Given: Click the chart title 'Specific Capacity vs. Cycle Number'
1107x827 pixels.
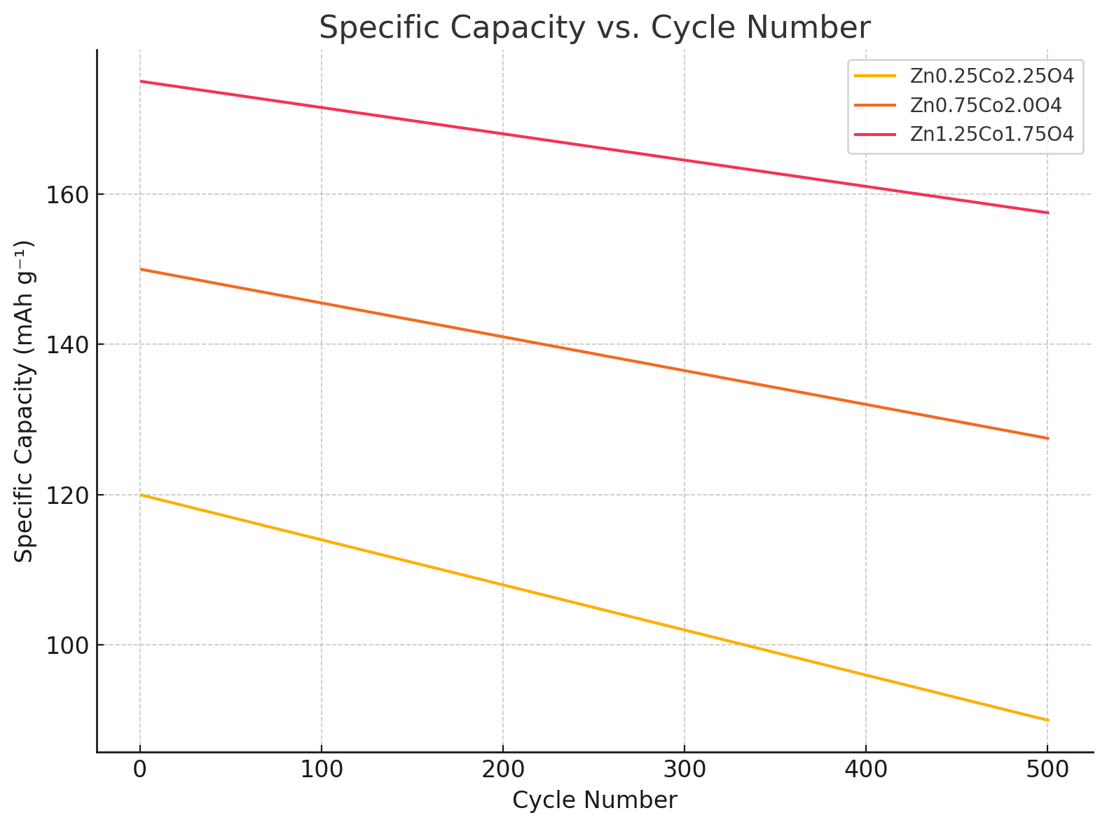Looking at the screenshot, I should click(x=595, y=28).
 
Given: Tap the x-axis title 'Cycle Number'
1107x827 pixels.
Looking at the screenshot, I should click(x=595, y=800).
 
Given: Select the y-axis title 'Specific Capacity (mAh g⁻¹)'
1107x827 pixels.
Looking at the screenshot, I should click(x=25, y=401).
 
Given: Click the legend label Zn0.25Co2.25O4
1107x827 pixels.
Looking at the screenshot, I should click(x=991, y=76).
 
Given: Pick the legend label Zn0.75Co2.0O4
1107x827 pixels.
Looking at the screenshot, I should click(x=985, y=105).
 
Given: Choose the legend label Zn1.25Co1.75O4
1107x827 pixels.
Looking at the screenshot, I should click(x=991, y=135).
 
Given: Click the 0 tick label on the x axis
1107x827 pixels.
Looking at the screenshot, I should click(x=140, y=771).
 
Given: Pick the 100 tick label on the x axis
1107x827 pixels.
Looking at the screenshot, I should click(x=322, y=771).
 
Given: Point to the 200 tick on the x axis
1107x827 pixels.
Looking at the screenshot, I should click(x=503, y=771).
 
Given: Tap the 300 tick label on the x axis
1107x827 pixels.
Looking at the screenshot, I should click(x=685, y=771).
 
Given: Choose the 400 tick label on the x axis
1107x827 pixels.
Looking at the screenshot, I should click(x=866, y=771).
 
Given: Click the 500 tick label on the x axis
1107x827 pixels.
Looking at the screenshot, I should click(x=1047, y=771).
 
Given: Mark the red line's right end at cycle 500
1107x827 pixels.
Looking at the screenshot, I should click(x=1047, y=212).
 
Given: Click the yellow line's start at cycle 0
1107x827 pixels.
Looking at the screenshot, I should click(x=141, y=495).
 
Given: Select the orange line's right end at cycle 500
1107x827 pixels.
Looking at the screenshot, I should click(x=1047, y=438).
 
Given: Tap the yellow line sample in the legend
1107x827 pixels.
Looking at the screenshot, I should click(x=875, y=76).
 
